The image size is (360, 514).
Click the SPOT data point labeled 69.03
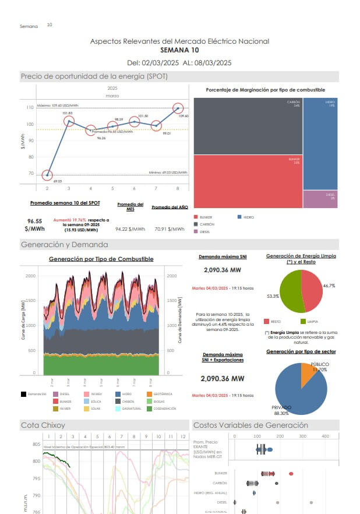tap(47, 175)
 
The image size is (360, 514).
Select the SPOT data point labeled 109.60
tap(178, 108)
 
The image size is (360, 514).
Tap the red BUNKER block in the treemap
tap(248, 181)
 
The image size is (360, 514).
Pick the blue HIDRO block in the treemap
tap(320, 143)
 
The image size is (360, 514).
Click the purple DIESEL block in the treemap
tap(320, 199)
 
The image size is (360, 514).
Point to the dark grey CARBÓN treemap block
tap(248, 125)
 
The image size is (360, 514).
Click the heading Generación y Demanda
tap(64, 245)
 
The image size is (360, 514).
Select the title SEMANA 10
tap(179, 51)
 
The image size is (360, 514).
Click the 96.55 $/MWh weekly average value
tap(35, 225)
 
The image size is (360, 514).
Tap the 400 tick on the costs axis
tap(325, 436)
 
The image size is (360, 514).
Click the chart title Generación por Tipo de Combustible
tap(101, 259)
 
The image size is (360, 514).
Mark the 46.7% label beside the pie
tap(329, 286)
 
